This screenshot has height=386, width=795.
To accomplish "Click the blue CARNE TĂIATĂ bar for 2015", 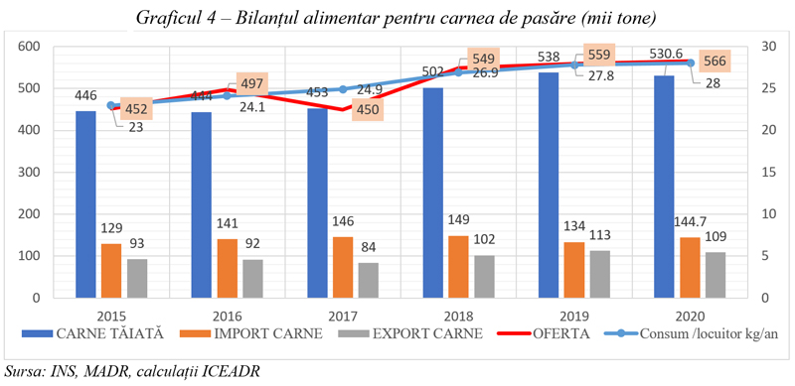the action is point(85,204).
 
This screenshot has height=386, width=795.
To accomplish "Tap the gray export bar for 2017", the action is point(369,280).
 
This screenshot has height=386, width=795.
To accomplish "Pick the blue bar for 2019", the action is point(549,185).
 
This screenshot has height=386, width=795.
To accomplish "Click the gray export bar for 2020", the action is point(715,275).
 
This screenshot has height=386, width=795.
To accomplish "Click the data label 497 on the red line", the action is point(252,82).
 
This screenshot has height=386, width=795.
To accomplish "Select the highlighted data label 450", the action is point(367,109).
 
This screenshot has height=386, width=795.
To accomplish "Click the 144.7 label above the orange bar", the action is point(699,223).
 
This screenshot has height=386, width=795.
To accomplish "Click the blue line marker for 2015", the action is point(111,105).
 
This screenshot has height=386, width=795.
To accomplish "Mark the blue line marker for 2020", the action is point(690,63).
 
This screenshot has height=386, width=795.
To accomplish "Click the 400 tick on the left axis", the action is point(31,130).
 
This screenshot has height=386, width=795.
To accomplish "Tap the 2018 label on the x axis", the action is point(459,317).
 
